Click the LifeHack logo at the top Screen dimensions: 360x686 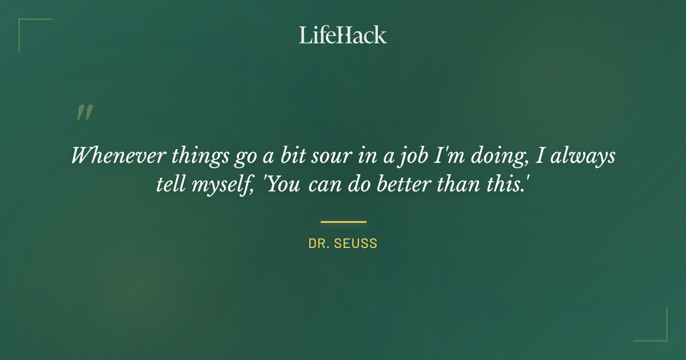(343, 35)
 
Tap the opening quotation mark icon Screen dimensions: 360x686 (84, 113)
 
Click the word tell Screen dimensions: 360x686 (170, 186)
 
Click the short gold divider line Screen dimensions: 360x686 (343, 222)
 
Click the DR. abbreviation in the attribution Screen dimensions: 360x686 (318, 243)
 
